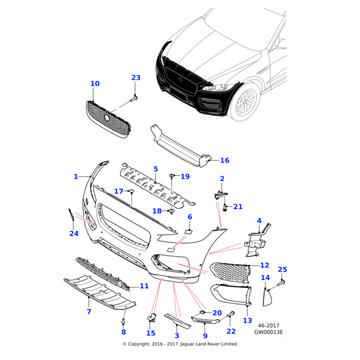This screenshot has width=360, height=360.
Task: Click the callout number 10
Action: (95, 83)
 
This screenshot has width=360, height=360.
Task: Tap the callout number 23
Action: (136, 78)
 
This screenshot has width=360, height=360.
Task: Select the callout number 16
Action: (224, 160)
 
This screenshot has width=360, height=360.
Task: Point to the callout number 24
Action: (74, 233)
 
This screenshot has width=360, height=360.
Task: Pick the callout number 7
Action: (88, 312)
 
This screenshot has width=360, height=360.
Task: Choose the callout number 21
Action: (238, 206)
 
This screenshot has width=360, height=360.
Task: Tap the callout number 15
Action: (151, 333)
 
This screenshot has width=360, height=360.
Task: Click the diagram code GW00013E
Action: (268, 331)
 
